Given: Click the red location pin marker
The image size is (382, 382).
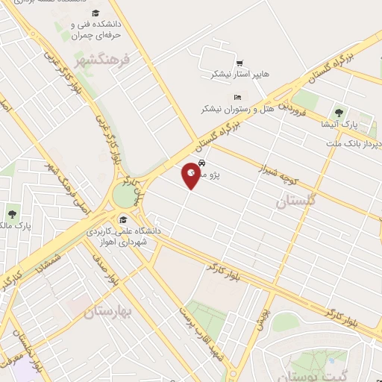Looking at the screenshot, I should coord(192,173).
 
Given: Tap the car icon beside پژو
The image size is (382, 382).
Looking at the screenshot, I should coord(202,164).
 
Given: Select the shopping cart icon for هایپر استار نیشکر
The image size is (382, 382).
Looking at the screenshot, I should coord(239,63).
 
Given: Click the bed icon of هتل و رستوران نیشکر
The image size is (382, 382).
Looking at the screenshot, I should coord(237,98).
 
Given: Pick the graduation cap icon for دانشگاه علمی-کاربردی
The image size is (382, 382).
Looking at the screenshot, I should coord(122,219).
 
